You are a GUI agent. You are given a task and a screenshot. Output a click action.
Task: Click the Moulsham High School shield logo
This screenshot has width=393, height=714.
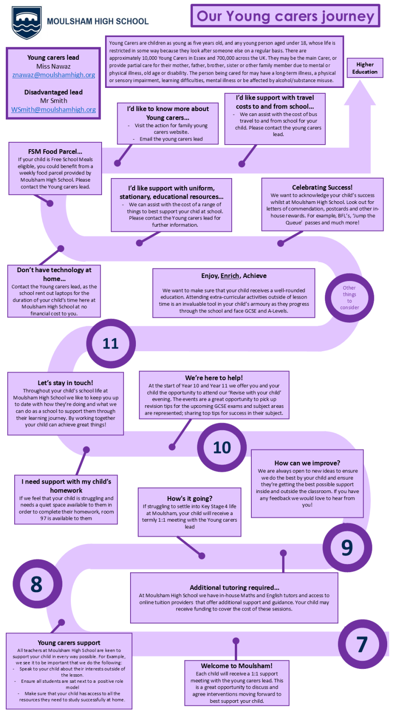pos(27,22)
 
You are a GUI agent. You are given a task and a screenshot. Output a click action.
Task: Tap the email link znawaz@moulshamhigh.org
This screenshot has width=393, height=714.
pos(53,75)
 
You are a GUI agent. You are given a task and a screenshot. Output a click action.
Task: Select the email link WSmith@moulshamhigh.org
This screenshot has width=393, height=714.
pos(53,109)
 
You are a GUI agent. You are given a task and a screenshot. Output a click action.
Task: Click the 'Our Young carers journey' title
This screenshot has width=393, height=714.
pos(285,16)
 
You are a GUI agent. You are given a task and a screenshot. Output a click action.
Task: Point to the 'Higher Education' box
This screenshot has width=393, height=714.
pos(364,68)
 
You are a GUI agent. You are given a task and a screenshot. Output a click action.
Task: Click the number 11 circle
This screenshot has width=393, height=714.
pos(111,343)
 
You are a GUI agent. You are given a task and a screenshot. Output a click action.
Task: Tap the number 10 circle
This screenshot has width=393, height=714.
pos(221,447)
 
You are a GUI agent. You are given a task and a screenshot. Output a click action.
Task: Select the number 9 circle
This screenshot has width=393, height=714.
pos(347,548)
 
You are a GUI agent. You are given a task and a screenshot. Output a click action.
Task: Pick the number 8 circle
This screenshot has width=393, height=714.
pos(37,584)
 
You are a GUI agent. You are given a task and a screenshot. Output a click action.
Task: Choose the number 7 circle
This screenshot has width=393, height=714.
pos(362,644)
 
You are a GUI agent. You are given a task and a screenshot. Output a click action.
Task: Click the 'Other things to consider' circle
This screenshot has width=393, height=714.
pos(349,298)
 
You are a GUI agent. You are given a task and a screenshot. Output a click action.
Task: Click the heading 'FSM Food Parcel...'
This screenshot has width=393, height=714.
pos(55,151)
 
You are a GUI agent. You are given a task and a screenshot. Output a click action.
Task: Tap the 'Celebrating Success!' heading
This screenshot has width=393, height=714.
pos(322,187)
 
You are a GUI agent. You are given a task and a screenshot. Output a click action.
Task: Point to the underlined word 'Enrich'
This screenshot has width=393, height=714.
pos(230,276)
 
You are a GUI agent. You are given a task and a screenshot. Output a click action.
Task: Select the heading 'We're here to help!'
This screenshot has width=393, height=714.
pos(214,378)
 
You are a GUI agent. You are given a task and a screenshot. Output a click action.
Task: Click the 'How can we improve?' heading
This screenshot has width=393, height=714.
pos(307,463)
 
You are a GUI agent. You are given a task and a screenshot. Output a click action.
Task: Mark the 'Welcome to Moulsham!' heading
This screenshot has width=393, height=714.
pos(237,665)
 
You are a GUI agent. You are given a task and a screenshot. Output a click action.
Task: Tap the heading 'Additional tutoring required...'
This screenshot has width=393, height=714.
pos(234,587)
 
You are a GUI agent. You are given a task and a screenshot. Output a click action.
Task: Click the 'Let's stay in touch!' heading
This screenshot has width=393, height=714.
pos(65,382)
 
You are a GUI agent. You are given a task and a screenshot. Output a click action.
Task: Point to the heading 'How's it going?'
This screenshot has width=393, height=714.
pos(189,498)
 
